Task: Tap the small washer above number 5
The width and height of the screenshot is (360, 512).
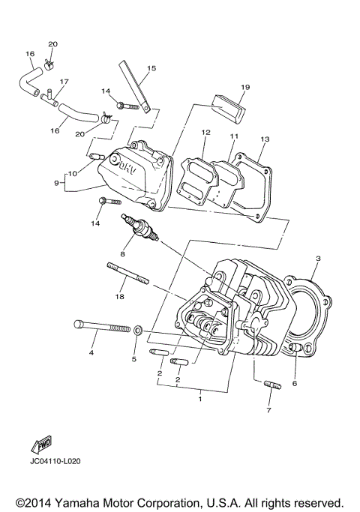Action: click(x=138, y=329)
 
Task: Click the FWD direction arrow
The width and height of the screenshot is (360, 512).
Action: click(x=40, y=444)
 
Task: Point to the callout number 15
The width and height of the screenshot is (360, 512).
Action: click(x=151, y=68)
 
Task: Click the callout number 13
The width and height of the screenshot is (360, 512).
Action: click(x=264, y=139)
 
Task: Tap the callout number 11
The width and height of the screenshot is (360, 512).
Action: click(x=233, y=136)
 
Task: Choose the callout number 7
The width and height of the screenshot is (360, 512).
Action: click(x=269, y=410)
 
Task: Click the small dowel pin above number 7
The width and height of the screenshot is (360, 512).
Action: click(x=271, y=386)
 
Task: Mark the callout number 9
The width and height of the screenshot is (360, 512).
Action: click(x=56, y=181)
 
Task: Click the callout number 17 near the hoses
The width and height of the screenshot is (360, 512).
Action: click(x=64, y=82)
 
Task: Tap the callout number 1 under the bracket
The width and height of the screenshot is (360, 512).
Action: click(x=200, y=400)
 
